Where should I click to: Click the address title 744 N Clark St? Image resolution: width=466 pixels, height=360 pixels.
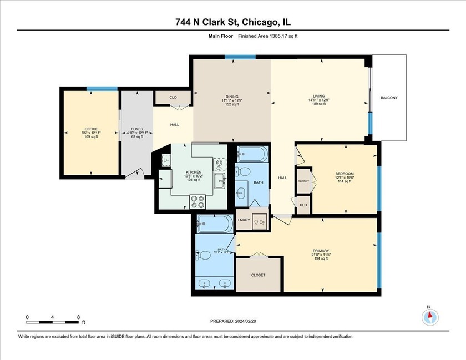[232, 22]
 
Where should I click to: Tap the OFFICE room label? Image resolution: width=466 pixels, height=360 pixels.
[90, 129]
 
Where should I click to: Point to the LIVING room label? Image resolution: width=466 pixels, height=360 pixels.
[318, 97]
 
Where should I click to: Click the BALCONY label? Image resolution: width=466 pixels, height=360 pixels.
[389, 98]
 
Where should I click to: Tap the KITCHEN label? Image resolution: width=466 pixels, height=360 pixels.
[193, 173]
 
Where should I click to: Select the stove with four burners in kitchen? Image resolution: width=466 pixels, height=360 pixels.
[198, 202]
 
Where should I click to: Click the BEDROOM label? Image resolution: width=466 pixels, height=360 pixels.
[344, 174]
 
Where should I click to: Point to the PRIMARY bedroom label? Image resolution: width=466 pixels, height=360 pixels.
[321, 250]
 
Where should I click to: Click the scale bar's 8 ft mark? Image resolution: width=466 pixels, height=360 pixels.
[79, 317]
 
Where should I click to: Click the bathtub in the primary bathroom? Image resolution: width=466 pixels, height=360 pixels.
[215, 224]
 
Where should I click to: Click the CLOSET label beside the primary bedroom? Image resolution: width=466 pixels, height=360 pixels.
[258, 275]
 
